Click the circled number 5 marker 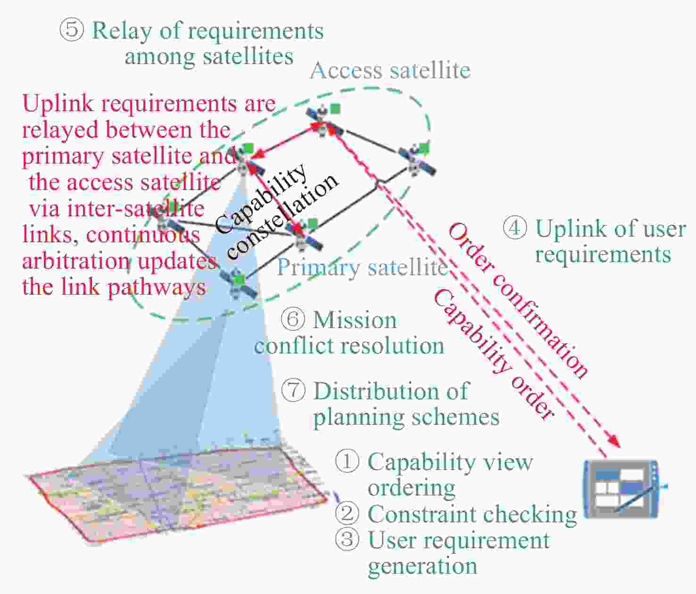coord(72,30)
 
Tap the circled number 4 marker coord(515,228)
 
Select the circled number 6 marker coord(293,319)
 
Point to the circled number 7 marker coord(293,391)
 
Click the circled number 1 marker coord(347,461)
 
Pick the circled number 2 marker coord(347,513)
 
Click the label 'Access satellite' coord(390,71)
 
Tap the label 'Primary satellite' coord(361,268)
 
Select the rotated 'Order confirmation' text coord(518,300)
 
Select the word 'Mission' coord(355,320)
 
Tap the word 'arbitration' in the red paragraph coord(76,261)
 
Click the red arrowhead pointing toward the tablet coord(614,442)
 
